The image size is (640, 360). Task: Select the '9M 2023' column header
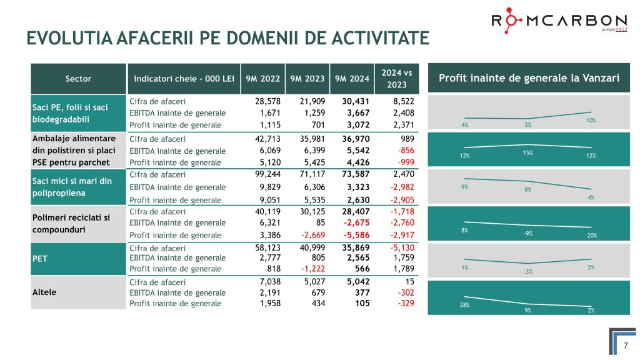tap(307, 79)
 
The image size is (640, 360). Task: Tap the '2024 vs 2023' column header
tap(396, 79)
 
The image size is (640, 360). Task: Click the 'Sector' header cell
tap(78, 79)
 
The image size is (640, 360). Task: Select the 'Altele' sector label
tap(45, 292)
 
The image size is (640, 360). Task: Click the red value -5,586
tap(356, 235)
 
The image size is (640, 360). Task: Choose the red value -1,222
tap(311, 269)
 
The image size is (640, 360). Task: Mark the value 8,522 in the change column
tap(401, 101)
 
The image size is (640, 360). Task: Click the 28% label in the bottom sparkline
tap(465, 305)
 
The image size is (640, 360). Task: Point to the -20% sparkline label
tap(591, 236)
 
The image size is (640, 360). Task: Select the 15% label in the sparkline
tap(528, 152)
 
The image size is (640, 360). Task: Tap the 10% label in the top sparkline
tap(591, 119)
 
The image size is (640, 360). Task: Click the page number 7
tap(625, 345)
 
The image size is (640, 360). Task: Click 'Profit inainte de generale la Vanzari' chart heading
tap(529, 78)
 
